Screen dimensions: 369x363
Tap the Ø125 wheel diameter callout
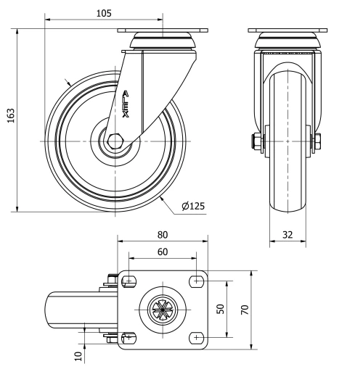[193, 206]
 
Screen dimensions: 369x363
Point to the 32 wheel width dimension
[287, 234]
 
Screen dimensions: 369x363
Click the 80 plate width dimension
[162, 235]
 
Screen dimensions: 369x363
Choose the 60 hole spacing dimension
[162, 251]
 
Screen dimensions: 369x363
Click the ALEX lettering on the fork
[127, 104]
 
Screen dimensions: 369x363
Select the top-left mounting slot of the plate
[130, 281]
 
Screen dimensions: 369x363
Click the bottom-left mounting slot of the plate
[130, 336]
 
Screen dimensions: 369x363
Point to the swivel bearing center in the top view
[162, 310]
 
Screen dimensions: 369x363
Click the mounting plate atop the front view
[287, 32]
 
